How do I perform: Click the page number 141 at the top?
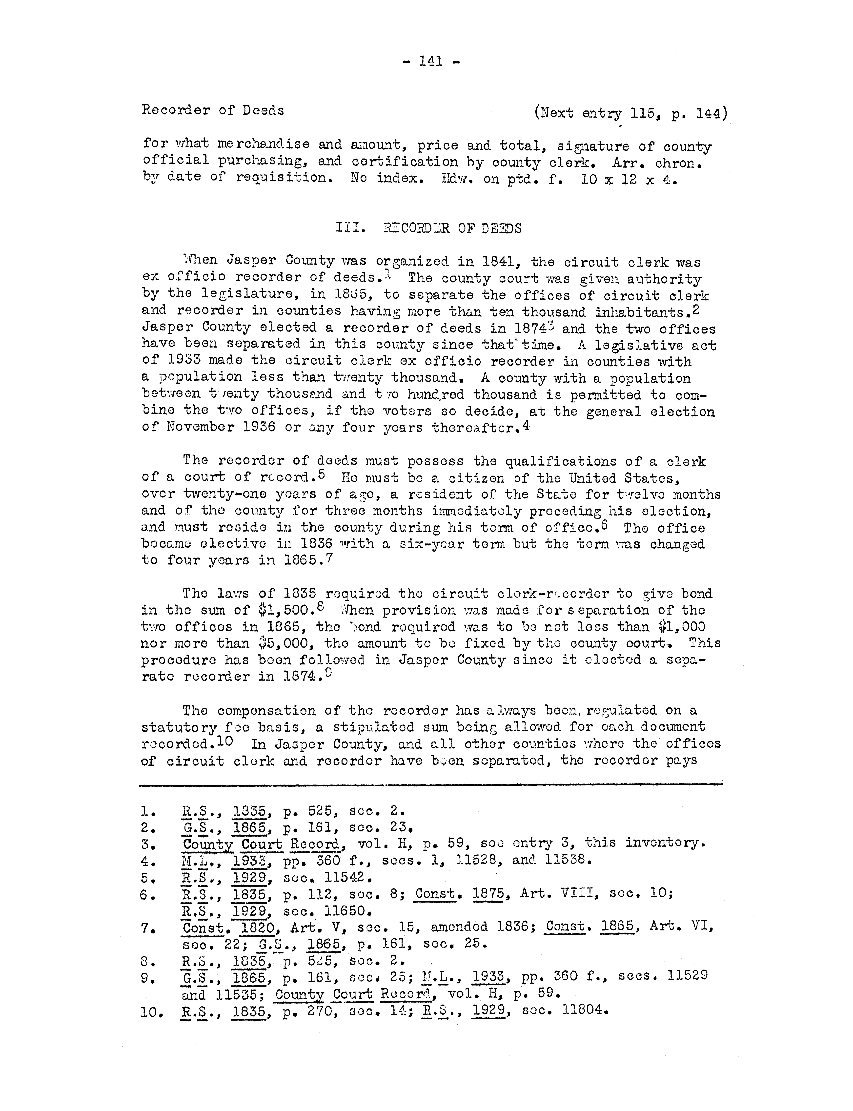tap(431, 62)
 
